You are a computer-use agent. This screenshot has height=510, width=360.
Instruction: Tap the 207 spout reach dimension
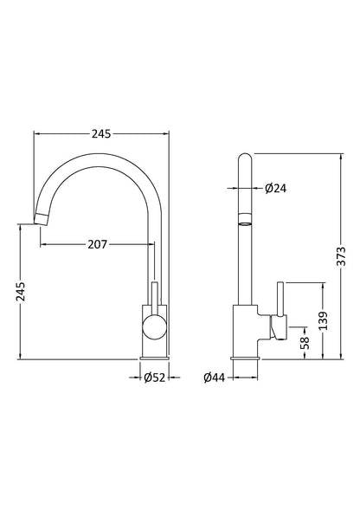point(96,245)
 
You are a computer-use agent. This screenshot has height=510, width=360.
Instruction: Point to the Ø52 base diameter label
point(155,377)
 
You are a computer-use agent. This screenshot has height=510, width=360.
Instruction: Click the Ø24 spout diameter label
point(265,188)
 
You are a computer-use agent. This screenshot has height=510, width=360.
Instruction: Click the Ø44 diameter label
point(215,377)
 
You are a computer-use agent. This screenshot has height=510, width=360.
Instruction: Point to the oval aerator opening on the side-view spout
point(245,223)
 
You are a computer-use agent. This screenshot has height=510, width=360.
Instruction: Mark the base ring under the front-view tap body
point(155,355)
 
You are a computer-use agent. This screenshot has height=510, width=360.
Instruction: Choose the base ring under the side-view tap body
point(245,355)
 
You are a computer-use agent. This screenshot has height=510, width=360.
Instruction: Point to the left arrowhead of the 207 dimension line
point(42,245)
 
